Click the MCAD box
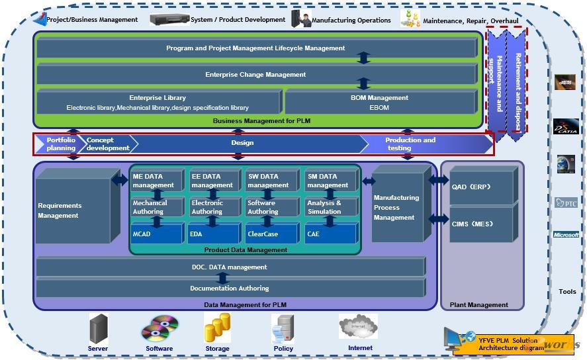tap(156, 234)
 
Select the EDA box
tap(213, 234)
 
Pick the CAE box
tap(330, 234)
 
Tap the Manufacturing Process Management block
tap(396, 207)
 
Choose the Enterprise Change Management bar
tap(255, 75)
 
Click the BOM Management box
tap(379, 103)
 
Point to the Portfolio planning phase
tap(60, 144)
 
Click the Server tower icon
tap(99, 329)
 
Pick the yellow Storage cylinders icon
tap(217, 328)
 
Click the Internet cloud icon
tap(358, 327)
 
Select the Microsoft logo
tap(566, 235)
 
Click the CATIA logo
tap(566, 126)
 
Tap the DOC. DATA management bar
tap(229, 267)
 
